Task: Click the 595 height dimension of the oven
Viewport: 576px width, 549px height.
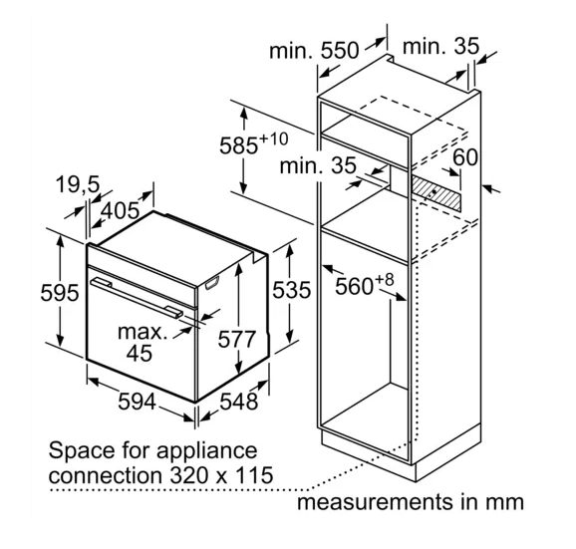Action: click(x=60, y=293)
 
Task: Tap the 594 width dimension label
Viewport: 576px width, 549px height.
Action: click(x=137, y=402)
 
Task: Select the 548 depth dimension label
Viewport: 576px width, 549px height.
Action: click(x=239, y=402)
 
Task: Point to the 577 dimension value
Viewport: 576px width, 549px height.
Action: click(x=236, y=339)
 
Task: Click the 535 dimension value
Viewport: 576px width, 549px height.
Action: click(x=291, y=290)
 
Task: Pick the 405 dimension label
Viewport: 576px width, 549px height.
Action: click(x=121, y=211)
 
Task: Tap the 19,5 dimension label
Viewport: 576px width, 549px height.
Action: click(x=78, y=184)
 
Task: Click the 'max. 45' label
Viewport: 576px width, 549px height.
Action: click(x=142, y=342)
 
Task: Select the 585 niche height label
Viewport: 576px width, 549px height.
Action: click(x=254, y=142)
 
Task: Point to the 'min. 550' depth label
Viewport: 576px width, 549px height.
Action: click(x=314, y=50)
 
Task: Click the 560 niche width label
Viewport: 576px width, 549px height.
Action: click(x=365, y=284)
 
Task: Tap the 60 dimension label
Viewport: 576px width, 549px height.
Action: click(x=465, y=157)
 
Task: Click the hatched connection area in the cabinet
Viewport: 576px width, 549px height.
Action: click(x=435, y=192)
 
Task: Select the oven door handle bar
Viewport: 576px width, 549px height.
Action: click(x=137, y=297)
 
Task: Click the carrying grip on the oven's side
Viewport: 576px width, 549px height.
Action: click(x=212, y=283)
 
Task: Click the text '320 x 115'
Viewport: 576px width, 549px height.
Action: click(x=221, y=475)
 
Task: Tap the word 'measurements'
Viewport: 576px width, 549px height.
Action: click(x=375, y=502)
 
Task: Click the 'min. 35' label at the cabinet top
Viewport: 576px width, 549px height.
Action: click(x=440, y=46)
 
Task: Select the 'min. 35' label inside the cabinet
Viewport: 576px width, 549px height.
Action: click(x=318, y=165)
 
